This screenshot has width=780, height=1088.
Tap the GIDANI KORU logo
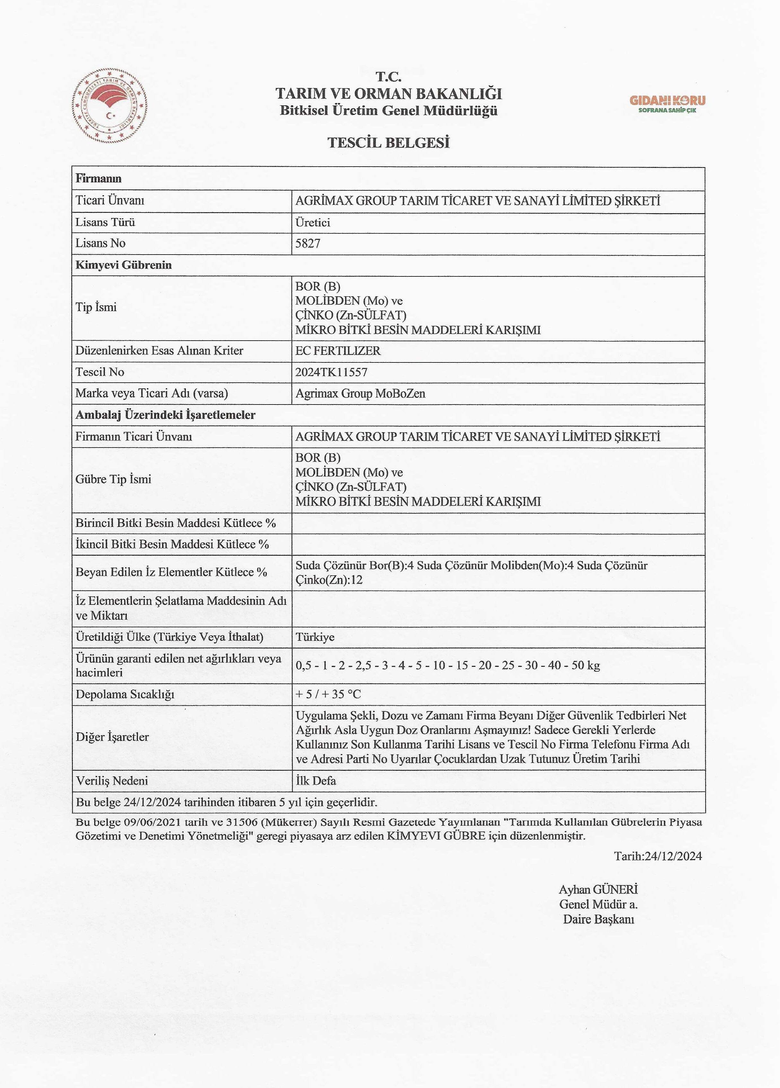click(x=667, y=103)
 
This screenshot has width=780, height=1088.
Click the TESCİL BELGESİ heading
click(x=389, y=143)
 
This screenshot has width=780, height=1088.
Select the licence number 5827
click(x=308, y=243)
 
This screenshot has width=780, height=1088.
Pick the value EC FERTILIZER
click(x=338, y=351)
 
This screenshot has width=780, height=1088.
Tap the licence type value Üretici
click(x=313, y=222)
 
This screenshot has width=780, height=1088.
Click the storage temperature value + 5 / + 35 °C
click(x=328, y=694)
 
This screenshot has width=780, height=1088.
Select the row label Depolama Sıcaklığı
click(x=125, y=694)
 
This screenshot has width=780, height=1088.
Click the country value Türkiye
click(x=315, y=637)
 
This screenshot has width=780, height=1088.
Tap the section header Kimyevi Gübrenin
click(x=123, y=265)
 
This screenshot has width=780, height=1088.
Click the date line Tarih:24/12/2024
click(x=658, y=856)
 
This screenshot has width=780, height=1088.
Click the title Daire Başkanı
click(x=598, y=919)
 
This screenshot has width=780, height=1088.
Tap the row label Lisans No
click(x=100, y=243)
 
